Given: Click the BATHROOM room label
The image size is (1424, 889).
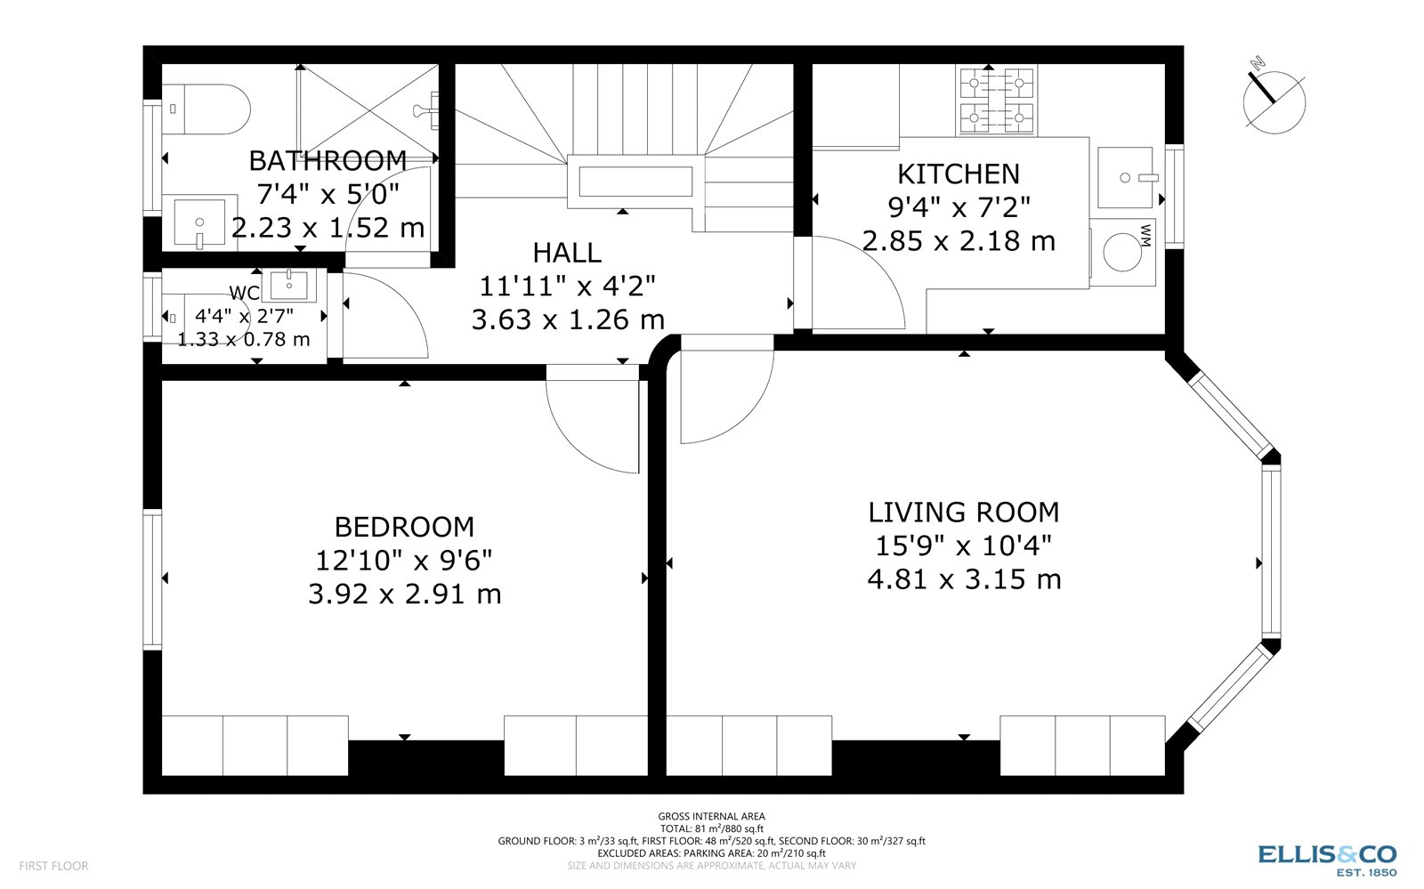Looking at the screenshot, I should (x=328, y=161).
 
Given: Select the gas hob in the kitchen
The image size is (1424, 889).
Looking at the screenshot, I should (x=996, y=101).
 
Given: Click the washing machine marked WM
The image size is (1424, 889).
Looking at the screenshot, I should (x=1122, y=252).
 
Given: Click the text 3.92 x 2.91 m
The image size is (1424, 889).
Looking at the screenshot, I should (x=404, y=594).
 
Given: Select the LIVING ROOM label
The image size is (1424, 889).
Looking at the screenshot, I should (x=964, y=513).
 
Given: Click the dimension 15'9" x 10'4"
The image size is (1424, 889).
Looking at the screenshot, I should (x=964, y=546).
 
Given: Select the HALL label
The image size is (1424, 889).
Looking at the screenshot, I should (x=567, y=253).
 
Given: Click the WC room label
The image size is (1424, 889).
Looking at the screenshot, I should (x=244, y=293).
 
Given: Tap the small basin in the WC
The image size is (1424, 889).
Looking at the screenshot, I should (x=288, y=286).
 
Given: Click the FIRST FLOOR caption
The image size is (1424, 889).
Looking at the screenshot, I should (x=53, y=866).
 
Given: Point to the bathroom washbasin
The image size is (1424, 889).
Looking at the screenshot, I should (x=199, y=222).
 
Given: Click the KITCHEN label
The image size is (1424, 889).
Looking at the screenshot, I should (x=959, y=174).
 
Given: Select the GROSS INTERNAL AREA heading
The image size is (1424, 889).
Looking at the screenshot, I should (x=711, y=816).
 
